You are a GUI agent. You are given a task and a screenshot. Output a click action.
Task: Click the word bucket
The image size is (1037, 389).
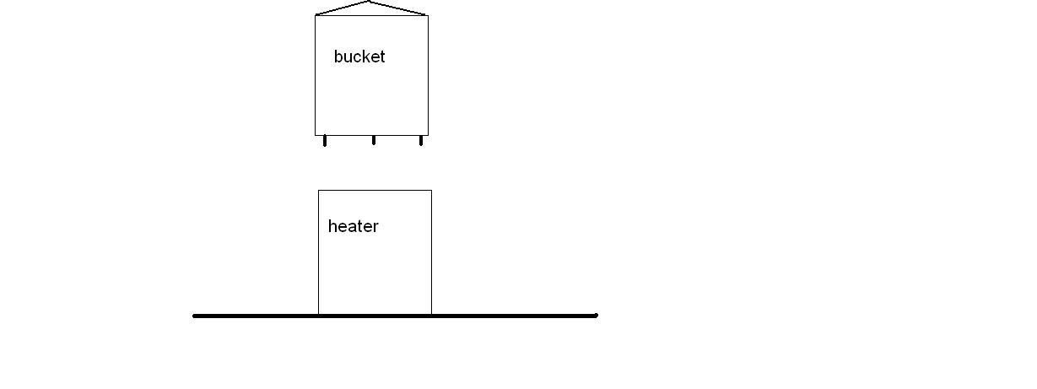click(x=359, y=57)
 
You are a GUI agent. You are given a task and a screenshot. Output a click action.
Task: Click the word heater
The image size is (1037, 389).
click(x=353, y=226)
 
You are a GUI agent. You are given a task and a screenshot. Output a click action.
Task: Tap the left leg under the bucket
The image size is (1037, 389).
click(x=325, y=141)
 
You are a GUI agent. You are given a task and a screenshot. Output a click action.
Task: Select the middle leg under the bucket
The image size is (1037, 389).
click(x=374, y=140)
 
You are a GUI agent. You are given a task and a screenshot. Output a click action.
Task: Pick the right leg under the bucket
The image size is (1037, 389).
click(x=421, y=141)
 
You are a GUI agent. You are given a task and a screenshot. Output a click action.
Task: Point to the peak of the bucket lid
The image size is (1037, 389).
click(x=369, y=2)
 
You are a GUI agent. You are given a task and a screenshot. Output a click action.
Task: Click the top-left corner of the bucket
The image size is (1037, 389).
click(x=316, y=15)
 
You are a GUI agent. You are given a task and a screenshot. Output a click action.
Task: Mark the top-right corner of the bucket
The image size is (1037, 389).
click(x=428, y=15)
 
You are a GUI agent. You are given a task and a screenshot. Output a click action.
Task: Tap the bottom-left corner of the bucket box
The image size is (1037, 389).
click(x=316, y=135)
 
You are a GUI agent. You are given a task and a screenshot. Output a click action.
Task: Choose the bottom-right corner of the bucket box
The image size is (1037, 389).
click(x=428, y=135)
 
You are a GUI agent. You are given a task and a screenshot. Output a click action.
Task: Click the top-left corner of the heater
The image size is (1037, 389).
click(x=318, y=191)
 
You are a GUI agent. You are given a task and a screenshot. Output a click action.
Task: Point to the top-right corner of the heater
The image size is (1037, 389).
click(x=431, y=191)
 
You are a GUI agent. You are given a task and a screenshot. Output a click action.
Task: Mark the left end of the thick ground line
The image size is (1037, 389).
click(x=195, y=316)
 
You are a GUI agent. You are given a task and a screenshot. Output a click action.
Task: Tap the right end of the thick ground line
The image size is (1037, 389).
click(x=597, y=316)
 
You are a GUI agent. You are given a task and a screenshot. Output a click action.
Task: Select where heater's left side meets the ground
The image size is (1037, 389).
click(x=318, y=315)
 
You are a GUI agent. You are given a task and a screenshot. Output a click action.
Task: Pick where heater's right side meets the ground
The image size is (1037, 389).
click(x=431, y=315)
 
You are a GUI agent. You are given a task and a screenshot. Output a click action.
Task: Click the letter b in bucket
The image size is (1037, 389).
click(x=338, y=57)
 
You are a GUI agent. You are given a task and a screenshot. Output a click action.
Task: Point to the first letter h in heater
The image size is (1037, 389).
click(x=332, y=226)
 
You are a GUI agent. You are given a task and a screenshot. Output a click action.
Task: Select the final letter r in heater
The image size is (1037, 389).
click(x=375, y=227)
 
